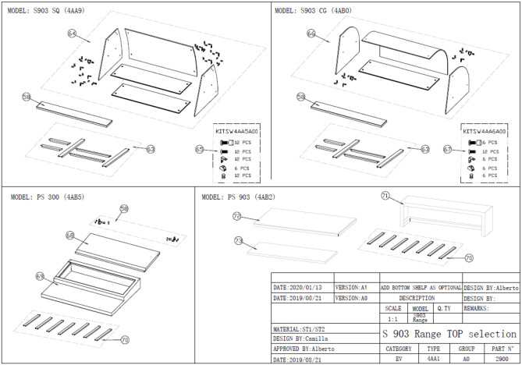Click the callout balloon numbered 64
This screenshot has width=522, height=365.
pyautogui.click(x=72, y=34)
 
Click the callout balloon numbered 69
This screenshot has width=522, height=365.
pyautogui.click(x=40, y=276)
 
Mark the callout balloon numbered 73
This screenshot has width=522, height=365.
pyautogui.click(x=238, y=242)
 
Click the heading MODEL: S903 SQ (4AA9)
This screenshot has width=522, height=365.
pyautogui.click(x=48, y=10)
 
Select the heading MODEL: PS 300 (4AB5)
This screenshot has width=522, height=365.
pyautogui.click(x=48, y=197)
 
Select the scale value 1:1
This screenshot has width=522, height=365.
pyautogui.click(x=393, y=318)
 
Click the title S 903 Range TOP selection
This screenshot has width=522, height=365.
pyautogui.click(x=449, y=333)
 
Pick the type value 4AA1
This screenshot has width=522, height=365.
pyautogui.click(x=434, y=359)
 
